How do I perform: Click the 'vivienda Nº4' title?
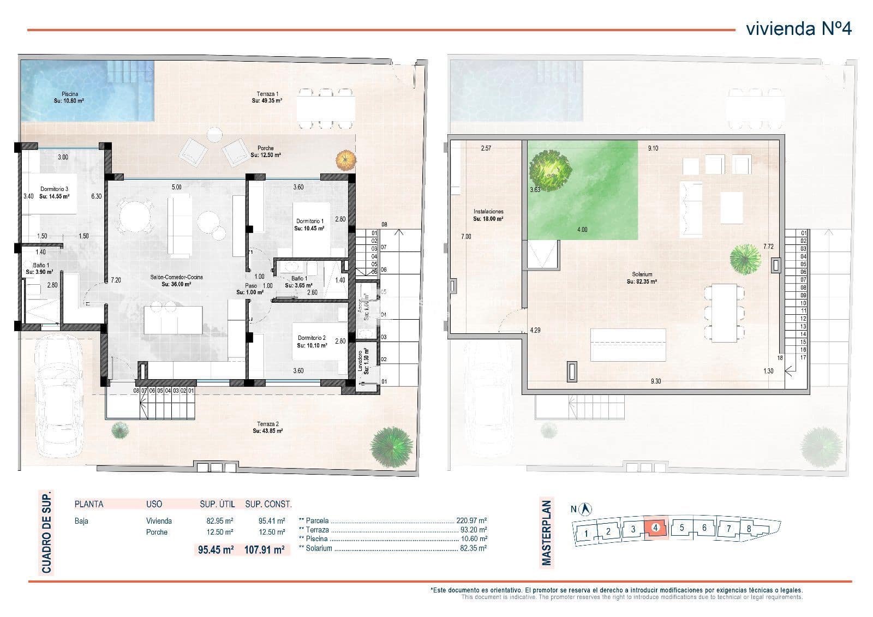tap(798, 28)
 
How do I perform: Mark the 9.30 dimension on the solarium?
tap(655, 381)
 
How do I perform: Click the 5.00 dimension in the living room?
tap(176, 187)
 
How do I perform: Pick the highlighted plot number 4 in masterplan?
tap(655, 528)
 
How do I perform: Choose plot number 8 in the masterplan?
tap(749, 529)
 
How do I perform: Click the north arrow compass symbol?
tap(586, 509)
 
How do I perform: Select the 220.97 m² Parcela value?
tap(473, 521)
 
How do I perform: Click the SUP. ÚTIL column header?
tap(216, 504)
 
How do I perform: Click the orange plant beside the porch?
tap(344, 159)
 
